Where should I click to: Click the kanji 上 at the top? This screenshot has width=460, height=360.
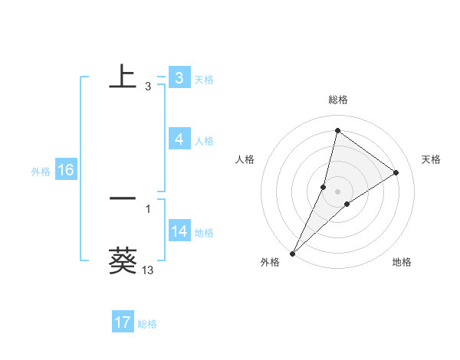tap(123, 77)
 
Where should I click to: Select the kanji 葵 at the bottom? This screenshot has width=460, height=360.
tap(123, 260)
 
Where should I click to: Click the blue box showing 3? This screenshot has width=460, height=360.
tap(179, 77)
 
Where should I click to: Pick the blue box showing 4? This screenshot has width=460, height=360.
tap(179, 139)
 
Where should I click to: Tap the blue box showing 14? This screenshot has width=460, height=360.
tap(179, 231)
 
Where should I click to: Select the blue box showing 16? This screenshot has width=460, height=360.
tap(65, 170)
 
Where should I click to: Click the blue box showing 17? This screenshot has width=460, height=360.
tap(123, 322)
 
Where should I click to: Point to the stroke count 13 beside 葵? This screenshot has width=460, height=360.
tap(147, 270)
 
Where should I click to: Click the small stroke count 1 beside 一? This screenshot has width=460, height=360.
tap(147, 209)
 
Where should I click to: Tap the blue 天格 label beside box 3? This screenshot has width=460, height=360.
tap(204, 79)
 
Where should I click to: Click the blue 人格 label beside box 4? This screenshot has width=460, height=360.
tap(204, 141)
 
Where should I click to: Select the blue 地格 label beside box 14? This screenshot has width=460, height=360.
tap(204, 233)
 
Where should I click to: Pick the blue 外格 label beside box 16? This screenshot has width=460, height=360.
tap(41, 172)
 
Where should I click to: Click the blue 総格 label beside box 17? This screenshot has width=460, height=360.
tap(147, 324)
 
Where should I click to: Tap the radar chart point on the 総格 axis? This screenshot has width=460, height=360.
tap(337, 130)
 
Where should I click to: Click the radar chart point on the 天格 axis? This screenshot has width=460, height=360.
tap(396, 172)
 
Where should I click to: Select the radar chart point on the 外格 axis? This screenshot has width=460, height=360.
tap(292, 254)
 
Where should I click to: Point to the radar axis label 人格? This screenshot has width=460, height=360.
tap(245, 159)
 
